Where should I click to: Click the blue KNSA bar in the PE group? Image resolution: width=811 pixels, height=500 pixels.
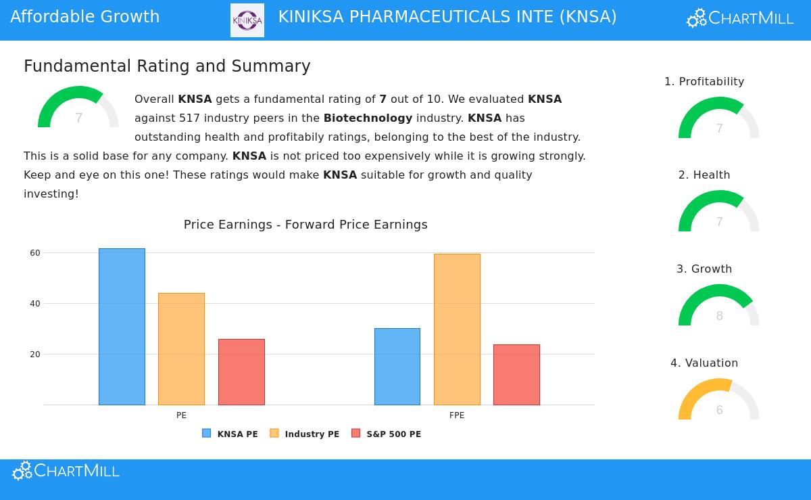point(122,327)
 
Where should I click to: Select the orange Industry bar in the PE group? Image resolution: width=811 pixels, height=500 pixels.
point(181,349)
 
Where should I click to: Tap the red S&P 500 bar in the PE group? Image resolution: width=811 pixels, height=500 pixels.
point(241,372)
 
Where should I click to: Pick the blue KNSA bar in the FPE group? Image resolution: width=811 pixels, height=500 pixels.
point(397,367)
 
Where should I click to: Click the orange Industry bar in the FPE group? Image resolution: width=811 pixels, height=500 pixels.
point(457,329)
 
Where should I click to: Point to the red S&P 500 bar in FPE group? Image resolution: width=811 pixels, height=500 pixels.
point(516,375)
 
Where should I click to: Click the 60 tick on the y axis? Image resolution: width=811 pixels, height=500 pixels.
point(35,253)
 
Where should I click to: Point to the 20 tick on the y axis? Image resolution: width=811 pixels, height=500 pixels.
point(35,355)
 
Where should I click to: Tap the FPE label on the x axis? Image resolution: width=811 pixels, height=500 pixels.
point(457,415)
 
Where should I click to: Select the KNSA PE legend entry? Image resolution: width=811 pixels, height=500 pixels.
point(230,434)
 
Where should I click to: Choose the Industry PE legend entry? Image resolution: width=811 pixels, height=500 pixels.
point(305,434)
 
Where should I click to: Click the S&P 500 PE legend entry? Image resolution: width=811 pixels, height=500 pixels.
point(387,434)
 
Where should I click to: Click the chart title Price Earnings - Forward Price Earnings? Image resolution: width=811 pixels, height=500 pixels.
point(305,225)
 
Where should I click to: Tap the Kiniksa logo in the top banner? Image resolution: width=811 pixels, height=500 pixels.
point(247,20)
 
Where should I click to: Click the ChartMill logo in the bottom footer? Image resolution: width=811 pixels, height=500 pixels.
point(66,471)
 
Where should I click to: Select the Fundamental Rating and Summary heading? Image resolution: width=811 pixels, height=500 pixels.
point(167,66)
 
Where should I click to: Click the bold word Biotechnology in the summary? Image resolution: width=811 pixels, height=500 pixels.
point(368,118)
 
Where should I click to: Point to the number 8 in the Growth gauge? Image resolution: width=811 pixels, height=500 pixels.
point(720,316)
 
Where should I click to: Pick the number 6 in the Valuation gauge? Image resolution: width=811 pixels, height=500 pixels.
point(720,410)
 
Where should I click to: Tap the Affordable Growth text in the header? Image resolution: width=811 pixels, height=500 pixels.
point(85,17)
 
